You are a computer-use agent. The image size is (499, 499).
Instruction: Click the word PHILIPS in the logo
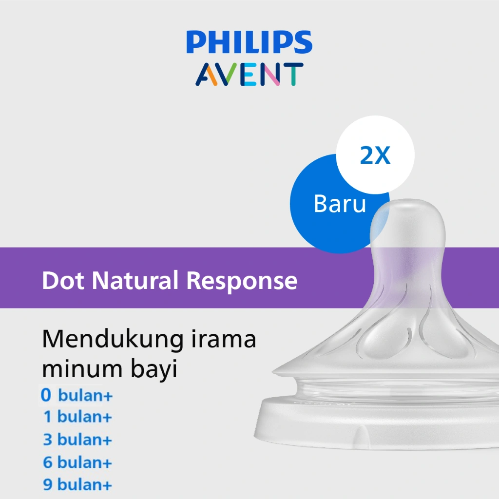click(249, 42)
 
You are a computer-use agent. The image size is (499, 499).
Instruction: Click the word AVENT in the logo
click(249, 74)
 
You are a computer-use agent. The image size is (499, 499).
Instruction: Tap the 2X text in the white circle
click(375, 155)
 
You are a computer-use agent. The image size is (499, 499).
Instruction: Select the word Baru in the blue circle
click(340, 204)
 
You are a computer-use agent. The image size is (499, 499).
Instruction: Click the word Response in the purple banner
click(242, 281)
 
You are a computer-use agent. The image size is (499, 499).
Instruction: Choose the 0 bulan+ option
click(77, 395)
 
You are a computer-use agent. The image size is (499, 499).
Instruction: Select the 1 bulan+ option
click(77, 417)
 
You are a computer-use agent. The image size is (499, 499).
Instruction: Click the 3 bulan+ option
click(77, 440)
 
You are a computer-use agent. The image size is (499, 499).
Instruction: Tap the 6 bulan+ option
click(77, 462)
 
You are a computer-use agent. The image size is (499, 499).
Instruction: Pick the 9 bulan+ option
click(77, 485)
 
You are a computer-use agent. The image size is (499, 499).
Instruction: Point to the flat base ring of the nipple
click(380, 424)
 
